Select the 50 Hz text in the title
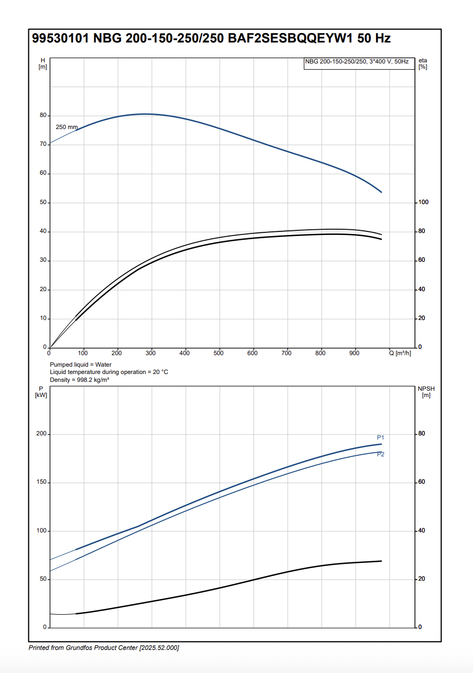click(x=377, y=38)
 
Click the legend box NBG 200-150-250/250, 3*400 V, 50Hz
click(x=357, y=62)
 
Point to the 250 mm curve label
click(x=67, y=127)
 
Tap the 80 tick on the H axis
click(x=43, y=115)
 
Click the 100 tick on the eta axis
click(x=423, y=202)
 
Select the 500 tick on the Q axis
click(x=218, y=354)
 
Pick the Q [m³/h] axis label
click(x=400, y=354)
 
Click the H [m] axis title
click(x=43, y=63)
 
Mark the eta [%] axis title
click(x=423, y=63)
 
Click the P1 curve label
click(x=381, y=437)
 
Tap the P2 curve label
click(x=381, y=454)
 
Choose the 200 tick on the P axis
click(x=41, y=434)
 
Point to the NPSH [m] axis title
click(x=426, y=391)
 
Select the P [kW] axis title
click(x=41, y=391)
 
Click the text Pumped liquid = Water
click(x=81, y=365)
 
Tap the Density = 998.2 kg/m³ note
click(x=80, y=379)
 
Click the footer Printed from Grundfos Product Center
click(x=104, y=648)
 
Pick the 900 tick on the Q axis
click(x=355, y=354)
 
